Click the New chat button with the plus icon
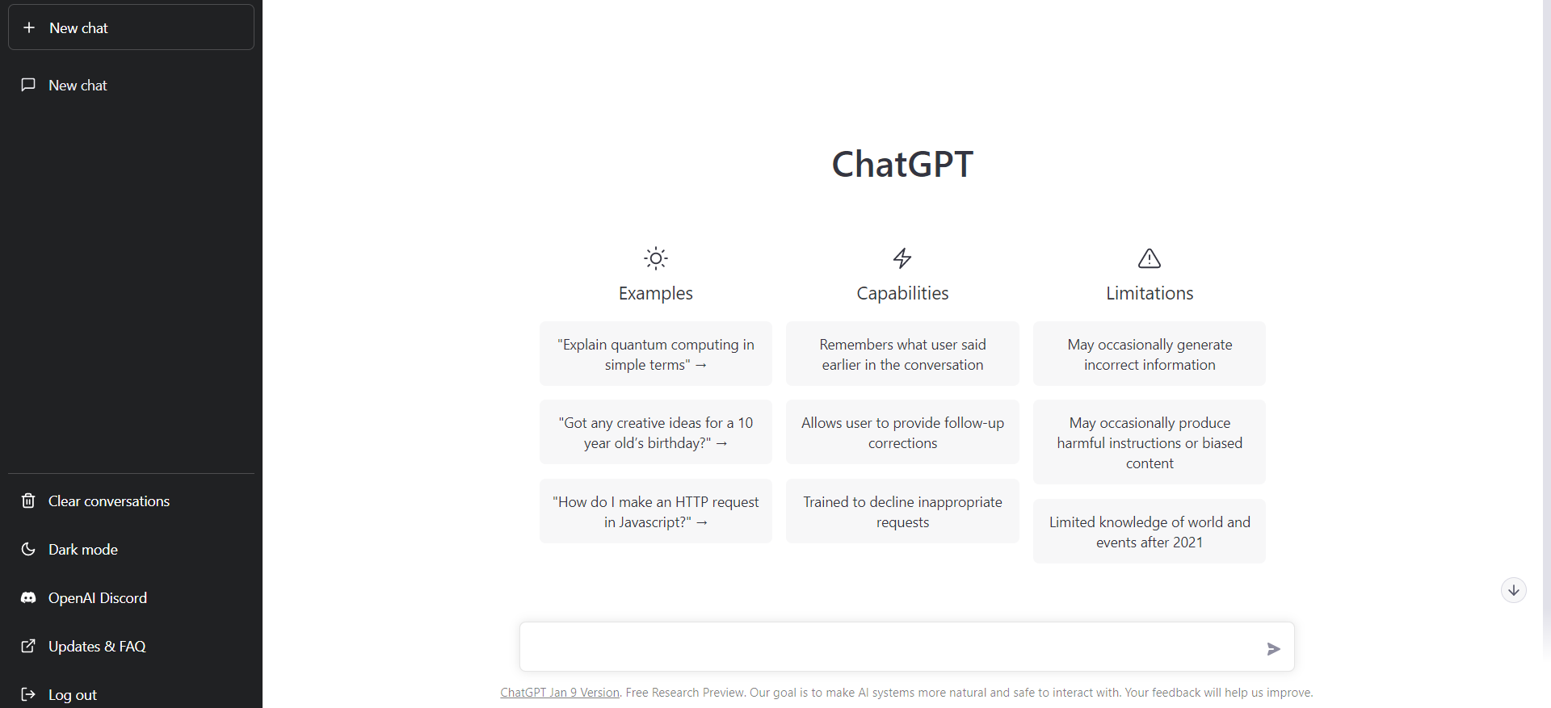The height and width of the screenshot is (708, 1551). click(131, 27)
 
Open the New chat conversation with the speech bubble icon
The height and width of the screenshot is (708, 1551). click(131, 85)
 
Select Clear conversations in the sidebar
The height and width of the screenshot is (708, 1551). click(131, 501)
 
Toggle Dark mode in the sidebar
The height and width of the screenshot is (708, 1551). click(131, 549)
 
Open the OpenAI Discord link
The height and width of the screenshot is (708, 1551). click(131, 597)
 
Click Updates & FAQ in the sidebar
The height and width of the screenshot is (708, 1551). click(131, 646)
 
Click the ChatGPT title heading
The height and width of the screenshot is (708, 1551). click(902, 164)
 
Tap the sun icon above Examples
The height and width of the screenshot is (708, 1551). click(656, 258)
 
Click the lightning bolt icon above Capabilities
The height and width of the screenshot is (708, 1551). click(902, 258)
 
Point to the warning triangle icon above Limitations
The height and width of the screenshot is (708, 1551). click(1150, 258)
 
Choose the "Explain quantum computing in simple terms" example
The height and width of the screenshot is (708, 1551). click(656, 354)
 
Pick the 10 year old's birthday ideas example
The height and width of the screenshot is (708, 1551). click(656, 432)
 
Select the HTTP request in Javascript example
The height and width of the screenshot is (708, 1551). click(656, 511)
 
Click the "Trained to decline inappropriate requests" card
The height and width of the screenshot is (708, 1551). click(902, 511)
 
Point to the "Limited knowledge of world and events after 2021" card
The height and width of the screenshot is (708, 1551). click(1150, 531)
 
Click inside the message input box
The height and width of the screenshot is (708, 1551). click(889, 647)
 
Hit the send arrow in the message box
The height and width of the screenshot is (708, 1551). click(1274, 648)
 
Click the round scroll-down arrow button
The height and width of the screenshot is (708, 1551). click(1514, 590)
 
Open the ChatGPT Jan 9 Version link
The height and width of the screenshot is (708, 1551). click(560, 693)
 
